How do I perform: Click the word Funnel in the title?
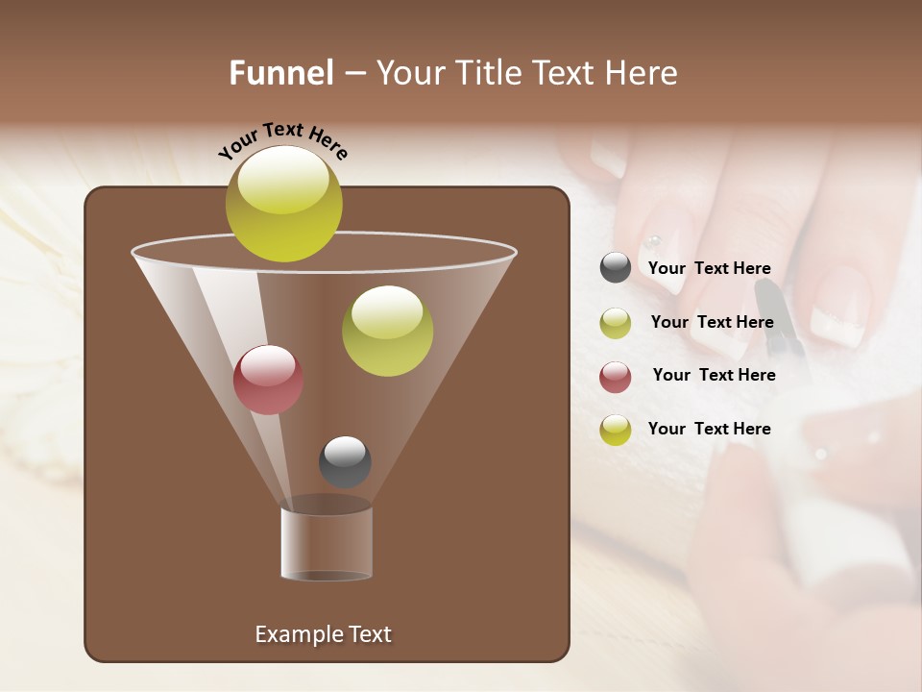click(281, 73)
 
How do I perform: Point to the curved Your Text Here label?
click(283, 140)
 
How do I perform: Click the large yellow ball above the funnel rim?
click(284, 203)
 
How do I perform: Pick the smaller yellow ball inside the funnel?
click(387, 331)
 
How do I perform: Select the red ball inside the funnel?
click(268, 380)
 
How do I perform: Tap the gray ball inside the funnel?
click(345, 461)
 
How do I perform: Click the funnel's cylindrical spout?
click(327, 543)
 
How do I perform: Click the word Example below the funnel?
click(295, 634)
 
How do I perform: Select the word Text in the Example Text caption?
click(369, 634)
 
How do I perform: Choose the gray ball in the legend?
click(616, 268)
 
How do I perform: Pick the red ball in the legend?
click(616, 377)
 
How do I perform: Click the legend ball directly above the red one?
click(616, 323)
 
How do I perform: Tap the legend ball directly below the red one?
click(616, 430)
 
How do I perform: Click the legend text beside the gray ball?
click(709, 269)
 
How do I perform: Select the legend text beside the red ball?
click(714, 375)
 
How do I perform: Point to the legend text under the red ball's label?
click(709, 429)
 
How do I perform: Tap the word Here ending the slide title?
click(643, 73)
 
